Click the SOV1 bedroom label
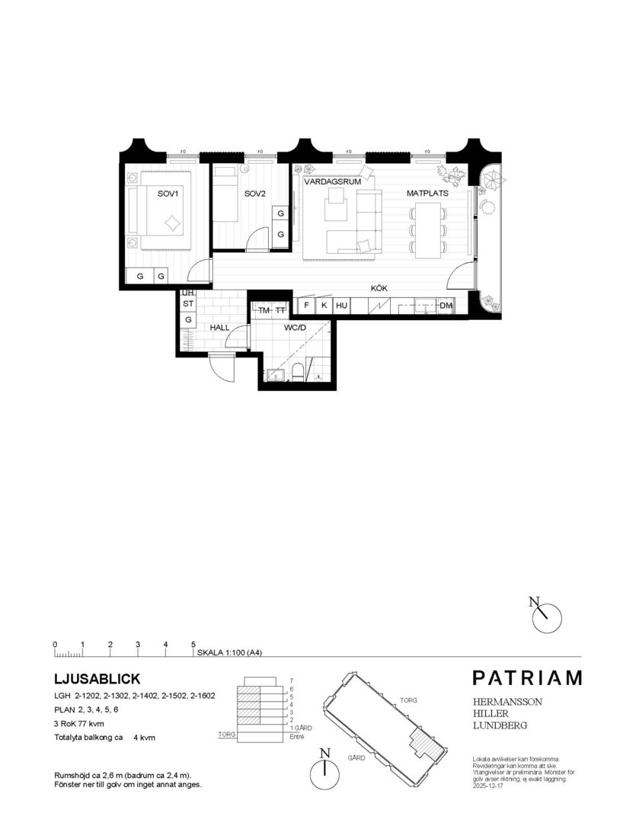click(167, 194)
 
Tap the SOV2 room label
click(254, 194)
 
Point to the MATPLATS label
click(427, 194)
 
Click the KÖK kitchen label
click(380, 289)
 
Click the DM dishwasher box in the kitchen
click(446, 306)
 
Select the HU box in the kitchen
click(341, 306)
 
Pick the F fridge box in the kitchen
click(306, 306)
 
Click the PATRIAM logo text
click(526, 677)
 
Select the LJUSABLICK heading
click(97, 678)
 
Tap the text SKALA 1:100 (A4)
click(229, 653)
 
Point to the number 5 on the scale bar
click(193, 645)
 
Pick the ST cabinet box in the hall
click(187, 304)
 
